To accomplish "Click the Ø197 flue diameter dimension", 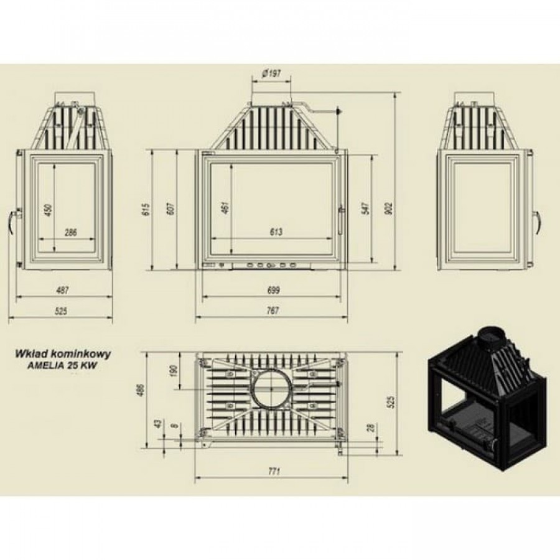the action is (271, 74).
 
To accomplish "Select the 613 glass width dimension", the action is (276, 232).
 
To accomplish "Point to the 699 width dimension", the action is (273, 290).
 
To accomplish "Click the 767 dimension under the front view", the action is (273, 310).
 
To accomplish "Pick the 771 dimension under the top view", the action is (274, 471).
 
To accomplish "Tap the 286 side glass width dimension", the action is (71, 233).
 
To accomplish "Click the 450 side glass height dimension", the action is (49, 210).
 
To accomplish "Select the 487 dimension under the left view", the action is (62, 290).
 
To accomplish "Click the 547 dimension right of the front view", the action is (366, 208).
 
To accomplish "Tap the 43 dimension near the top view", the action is (157, 424).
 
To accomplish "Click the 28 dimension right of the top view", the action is (371, 427).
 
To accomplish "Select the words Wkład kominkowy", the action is (62, 354).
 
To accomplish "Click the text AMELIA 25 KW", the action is (62, 366).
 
